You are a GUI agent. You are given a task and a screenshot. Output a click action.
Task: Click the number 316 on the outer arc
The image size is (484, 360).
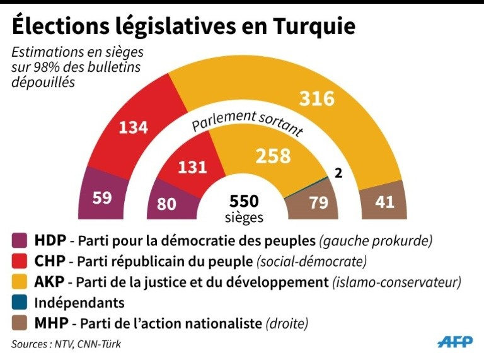pos(316,99)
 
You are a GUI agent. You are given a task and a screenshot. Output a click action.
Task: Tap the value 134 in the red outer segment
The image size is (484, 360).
pos(134,127)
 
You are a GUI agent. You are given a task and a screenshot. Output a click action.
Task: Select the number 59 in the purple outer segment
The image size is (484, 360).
pos(102,197)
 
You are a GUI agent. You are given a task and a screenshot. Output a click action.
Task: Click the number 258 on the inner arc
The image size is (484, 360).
pos(272,156)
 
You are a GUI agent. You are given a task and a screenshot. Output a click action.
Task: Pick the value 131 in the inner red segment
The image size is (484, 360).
pos(192,167)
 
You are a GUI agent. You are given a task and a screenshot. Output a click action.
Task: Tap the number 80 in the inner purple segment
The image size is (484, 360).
pos(168,204)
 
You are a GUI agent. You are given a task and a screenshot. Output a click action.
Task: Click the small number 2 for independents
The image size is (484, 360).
pos(338,173)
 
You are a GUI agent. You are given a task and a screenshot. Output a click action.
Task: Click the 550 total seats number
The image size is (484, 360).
pos(244,201)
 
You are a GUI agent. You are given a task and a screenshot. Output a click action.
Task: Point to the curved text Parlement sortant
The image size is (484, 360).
pos(248,122)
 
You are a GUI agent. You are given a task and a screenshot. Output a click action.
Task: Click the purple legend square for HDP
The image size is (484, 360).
pos(20,240)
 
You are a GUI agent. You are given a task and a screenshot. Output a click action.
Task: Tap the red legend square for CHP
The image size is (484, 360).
pos(20,260)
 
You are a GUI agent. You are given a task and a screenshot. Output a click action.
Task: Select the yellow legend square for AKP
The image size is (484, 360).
pos(20,281)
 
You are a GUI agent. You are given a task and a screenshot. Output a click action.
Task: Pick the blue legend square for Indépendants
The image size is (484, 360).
pos(20,302)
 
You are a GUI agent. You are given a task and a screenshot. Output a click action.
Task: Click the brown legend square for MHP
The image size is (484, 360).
pos(20,323)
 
